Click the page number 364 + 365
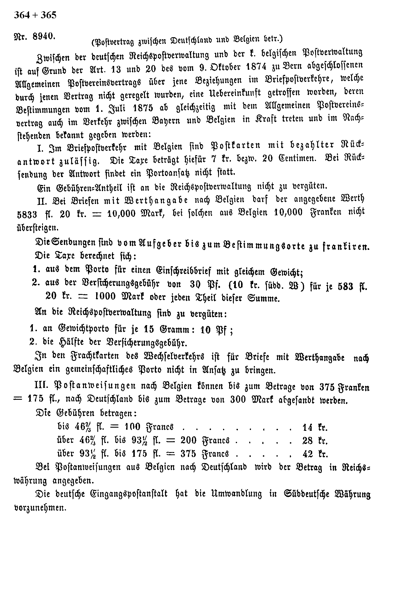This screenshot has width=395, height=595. (x=35, y=15)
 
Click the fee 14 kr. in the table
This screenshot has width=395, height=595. (x=315, y=428)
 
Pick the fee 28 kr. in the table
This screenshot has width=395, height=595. (x=315, y=441)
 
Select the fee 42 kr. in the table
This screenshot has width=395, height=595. (x=315, y=454)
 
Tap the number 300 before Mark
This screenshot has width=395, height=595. (x=240, y=399)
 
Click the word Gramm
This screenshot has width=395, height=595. (x=174, y=329)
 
